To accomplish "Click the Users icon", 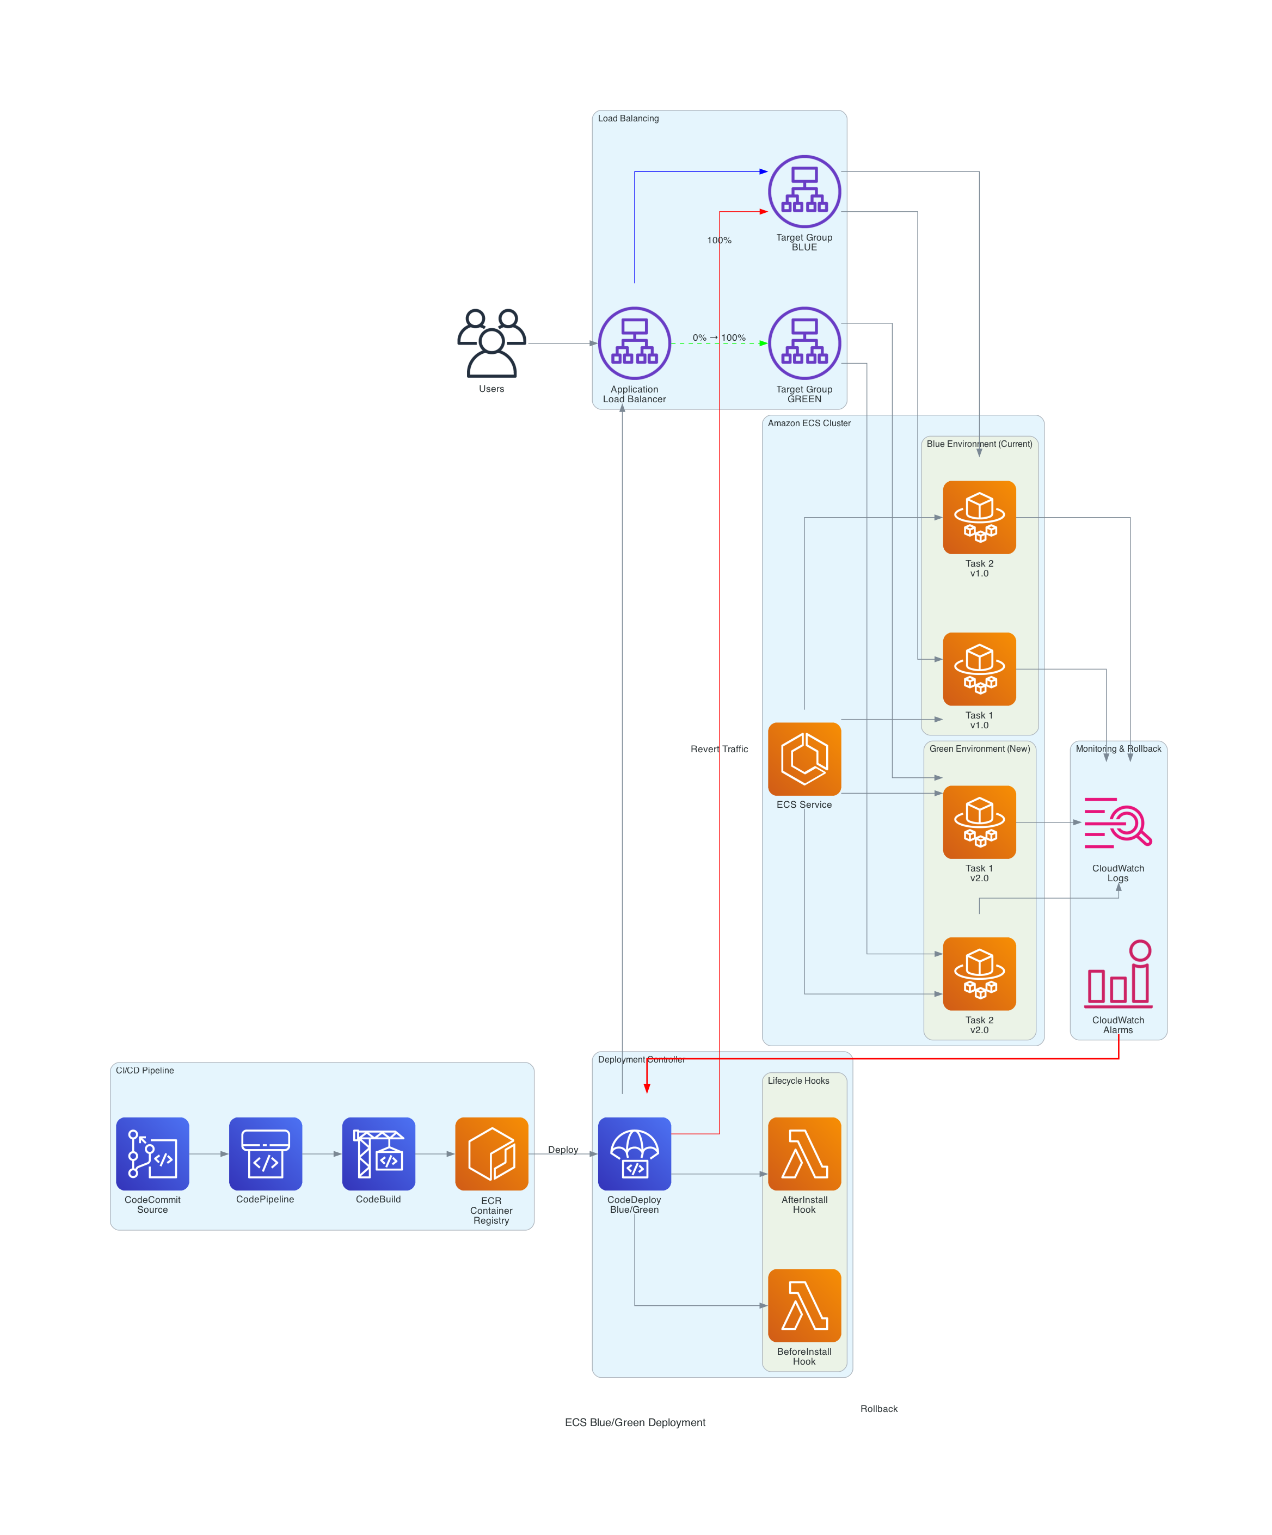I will [491, 343].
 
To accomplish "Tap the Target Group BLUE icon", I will [804, 192].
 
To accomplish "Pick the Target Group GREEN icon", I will [804, 343].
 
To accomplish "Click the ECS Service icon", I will [804, 759].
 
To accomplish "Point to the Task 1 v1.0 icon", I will [979, 669].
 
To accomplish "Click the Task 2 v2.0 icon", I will [979, 974].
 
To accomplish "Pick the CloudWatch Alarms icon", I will [1118, 974].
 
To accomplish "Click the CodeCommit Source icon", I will [152, 1153].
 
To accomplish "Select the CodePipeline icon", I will [266, 1153].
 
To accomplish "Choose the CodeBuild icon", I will [378, 1153].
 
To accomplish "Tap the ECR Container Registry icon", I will [491, 1153].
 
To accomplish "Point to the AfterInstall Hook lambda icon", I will [804, 1153].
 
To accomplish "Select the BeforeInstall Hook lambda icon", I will [804, 1305].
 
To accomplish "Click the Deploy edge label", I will [563, 1149].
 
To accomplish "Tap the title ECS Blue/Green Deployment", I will [635, 1422].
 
